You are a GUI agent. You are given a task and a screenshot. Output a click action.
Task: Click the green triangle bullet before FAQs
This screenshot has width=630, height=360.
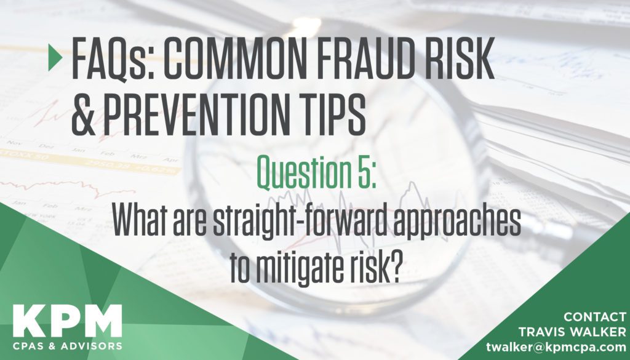[55, 57]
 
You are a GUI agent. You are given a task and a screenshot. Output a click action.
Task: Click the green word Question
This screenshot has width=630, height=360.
[305, 173]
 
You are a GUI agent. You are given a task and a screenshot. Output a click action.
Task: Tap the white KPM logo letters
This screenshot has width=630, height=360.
[68, 321]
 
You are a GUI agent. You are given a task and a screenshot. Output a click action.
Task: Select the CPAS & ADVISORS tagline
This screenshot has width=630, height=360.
[68, 346]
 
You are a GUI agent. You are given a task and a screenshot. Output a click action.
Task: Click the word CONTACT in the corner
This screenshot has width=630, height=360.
[595, 317]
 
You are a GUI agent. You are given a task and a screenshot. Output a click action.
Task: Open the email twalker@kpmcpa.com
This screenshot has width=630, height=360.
[556, 346]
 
